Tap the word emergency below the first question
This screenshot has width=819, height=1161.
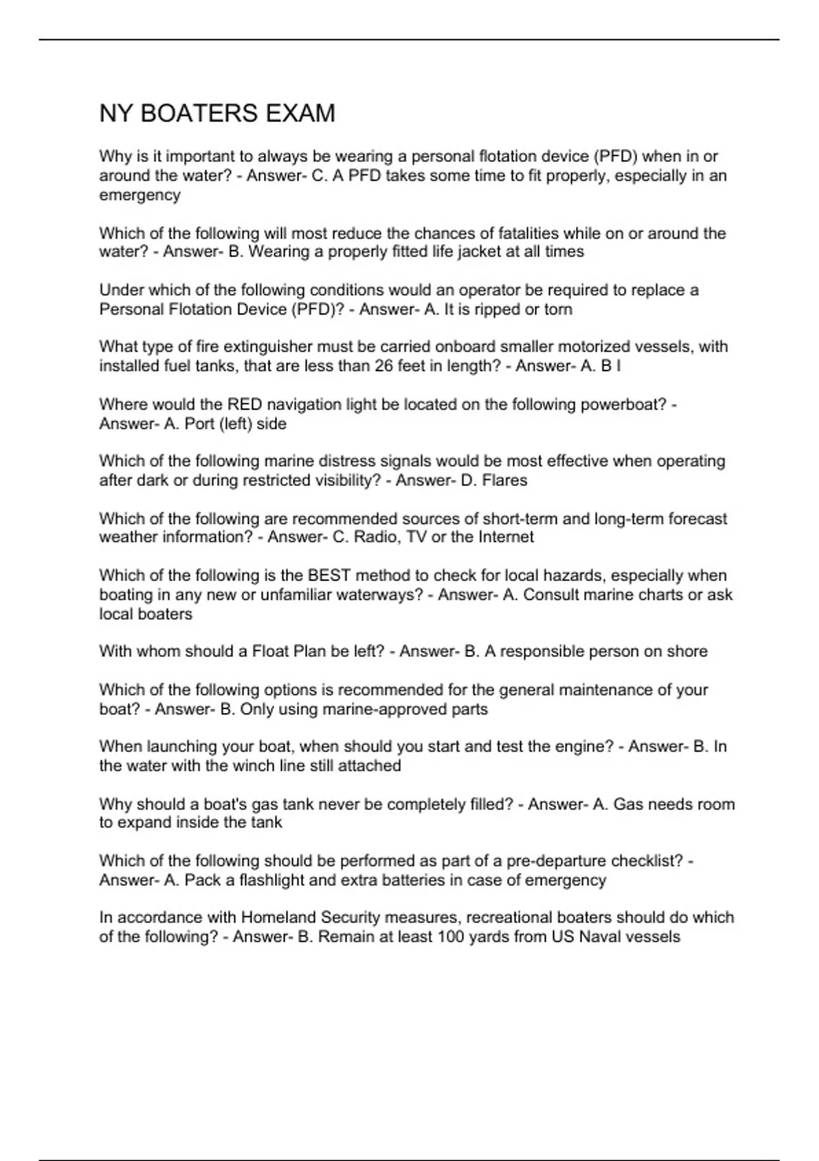coord(140,195)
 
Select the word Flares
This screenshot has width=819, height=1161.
coord(504,481)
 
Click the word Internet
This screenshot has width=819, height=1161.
coord(506,537)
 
